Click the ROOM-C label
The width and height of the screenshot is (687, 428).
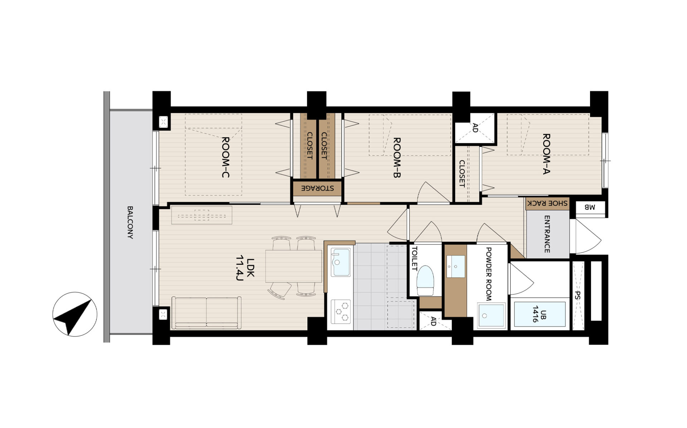[x=225, y=157]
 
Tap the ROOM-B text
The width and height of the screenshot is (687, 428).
[x=396, y=158]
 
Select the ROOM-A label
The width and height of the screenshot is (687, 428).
[x=546, y=154]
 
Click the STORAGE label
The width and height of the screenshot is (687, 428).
[x=317, y=188]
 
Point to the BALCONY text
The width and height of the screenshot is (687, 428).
[x=130, y=222]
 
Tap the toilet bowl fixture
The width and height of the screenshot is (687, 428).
[x=425, y=280]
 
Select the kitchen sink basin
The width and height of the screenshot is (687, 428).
[x=341, y=262]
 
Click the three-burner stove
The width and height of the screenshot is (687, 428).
[x=341, y=312]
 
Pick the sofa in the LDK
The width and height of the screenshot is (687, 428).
[x=206, y=313]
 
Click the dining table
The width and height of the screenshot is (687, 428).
[x=293, y=266]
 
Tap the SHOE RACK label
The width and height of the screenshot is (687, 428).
[x=547, y=203]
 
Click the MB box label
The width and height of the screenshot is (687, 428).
[x=590, y=207]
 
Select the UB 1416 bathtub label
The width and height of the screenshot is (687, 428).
[x=540, y=314]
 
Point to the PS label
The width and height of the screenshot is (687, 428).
[x=578, y=295]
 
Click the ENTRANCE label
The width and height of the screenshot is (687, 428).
[x=547, y=234]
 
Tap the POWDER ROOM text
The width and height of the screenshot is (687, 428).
[x=489, y=274]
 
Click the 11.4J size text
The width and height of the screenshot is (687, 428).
[x=240, y=268]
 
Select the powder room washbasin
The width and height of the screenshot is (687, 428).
[x=456, y=267]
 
